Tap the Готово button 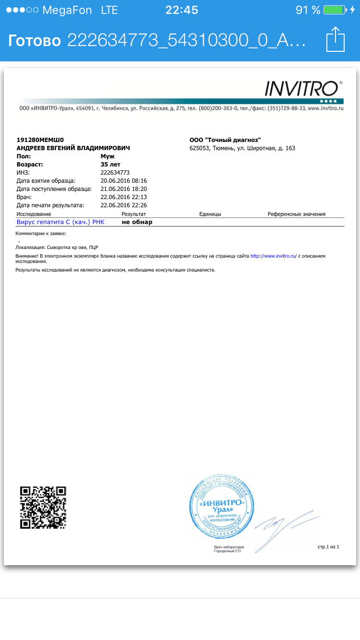click(x=34, y=40)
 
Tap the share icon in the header click(x=335, y=39)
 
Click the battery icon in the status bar click(x=334, y=10)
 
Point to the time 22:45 click(x=181, y=10)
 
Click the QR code click(x=43, y=508)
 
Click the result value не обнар click(x=137, y=222)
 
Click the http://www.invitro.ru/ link click(x=274, y=256)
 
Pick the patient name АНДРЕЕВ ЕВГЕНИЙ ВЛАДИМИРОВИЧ click(x=73, y=148)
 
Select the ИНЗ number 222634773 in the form click(x=115, y=173)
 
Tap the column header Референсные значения click(x=297, y=214)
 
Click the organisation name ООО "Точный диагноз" click(x=225, y=140)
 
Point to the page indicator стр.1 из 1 click(x=328, y=546)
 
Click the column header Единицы click(x=210, y=214)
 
